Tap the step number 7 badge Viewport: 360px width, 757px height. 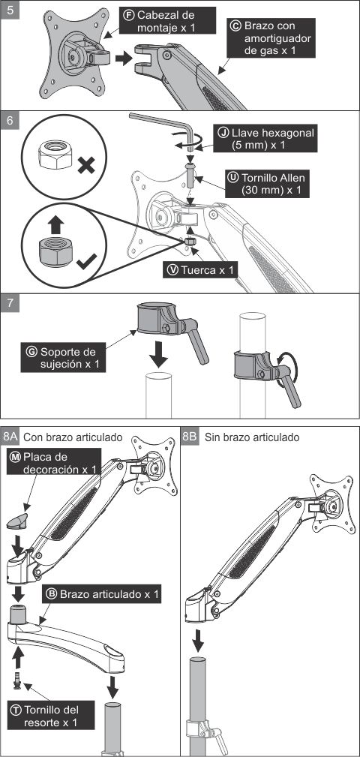pyautogui.click(x=10, y=305)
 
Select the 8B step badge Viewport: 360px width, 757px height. pyautogui.click(x=190, y=437)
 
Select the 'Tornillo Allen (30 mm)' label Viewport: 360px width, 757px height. pyautogui.click(x=268, y=184)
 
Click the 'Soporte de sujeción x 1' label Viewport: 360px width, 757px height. pyautogui.click(x=64, y=358)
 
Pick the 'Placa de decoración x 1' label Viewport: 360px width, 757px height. pyautogui.click(x=54, y=462)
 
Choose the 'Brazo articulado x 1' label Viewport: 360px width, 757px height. pyautogui.click(x=103, y=593)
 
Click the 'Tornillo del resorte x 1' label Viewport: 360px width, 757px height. pyautogui.click(x=51, y=716)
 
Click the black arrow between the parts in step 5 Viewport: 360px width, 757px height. pyautogui.click(x=124, y=59)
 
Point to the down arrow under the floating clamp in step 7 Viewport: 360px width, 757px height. pyautogui.click(x=158, y=355)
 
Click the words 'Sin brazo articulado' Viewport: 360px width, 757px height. pyautogui.click(x=252, y=437)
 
